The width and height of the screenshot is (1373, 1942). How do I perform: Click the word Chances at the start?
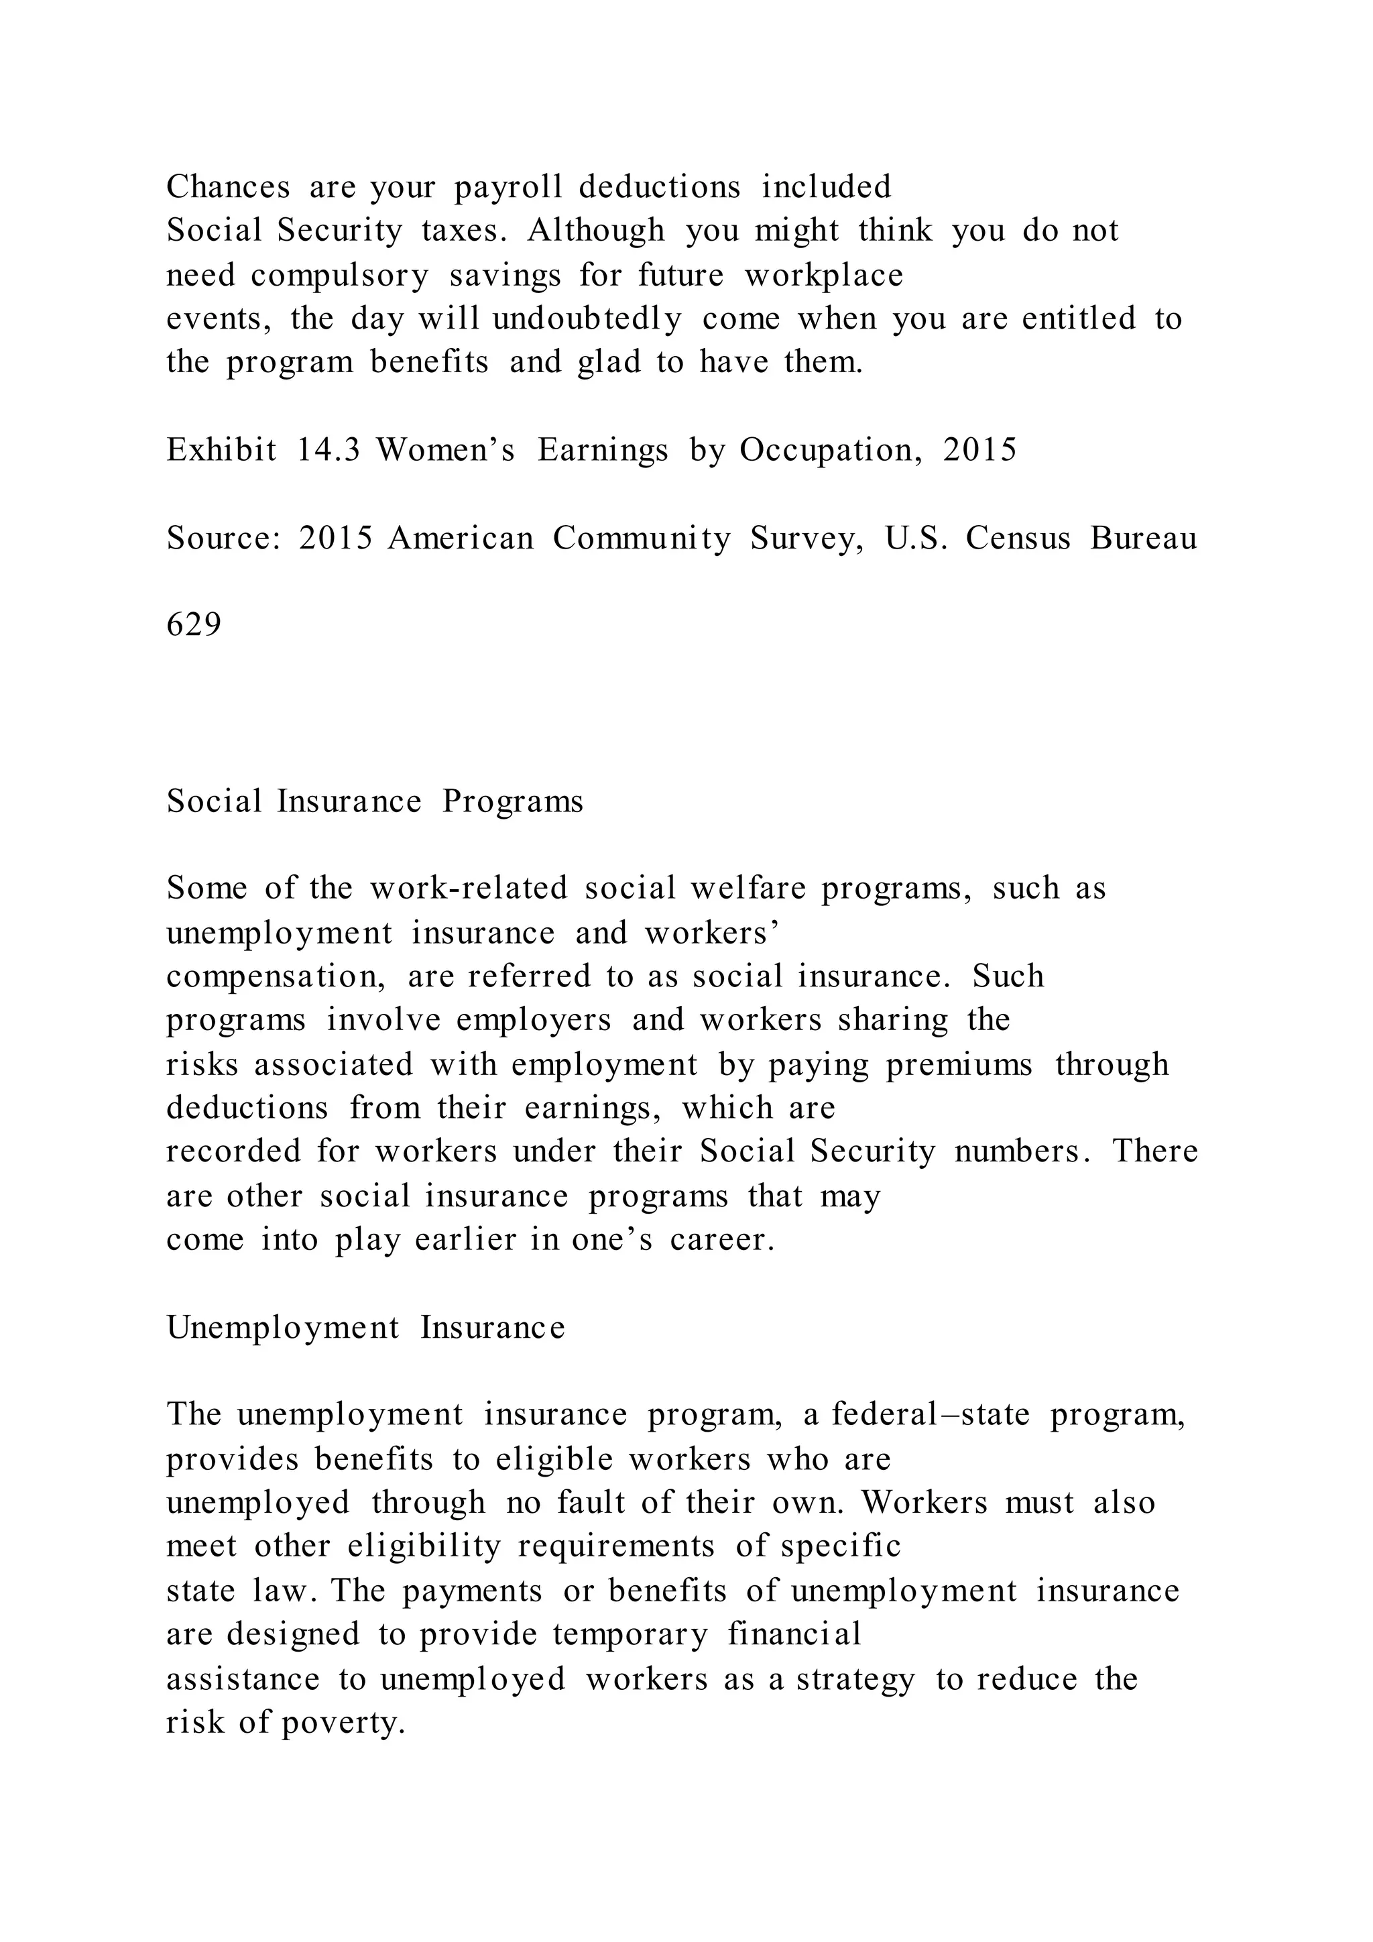227,187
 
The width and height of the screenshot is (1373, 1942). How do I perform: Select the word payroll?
508,187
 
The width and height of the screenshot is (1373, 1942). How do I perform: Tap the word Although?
596,231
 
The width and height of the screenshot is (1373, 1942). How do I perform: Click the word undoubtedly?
587,319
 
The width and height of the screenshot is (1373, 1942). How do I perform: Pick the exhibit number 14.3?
329,450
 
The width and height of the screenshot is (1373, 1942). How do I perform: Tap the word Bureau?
1143,538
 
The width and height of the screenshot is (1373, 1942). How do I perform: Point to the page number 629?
194,625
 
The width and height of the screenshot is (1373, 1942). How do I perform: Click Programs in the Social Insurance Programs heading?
512,801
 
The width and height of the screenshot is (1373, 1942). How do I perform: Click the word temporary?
631,1634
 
